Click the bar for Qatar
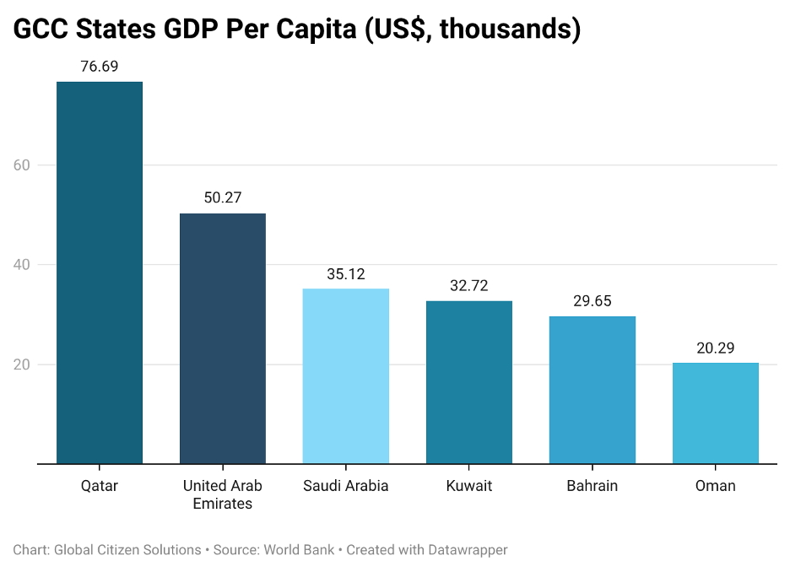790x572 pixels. (x=100, y=273)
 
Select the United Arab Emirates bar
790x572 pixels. (x=223, y=338)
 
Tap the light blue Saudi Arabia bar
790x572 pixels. (x=346, y=376)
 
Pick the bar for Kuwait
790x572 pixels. (x=469, y=382)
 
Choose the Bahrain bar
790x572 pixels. (x=592, y=390)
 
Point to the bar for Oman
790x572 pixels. (x=716, y=413)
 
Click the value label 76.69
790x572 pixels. (x=100, y=66)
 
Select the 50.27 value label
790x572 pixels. (x=223, y=197)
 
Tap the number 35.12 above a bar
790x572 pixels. (x=346, y=273)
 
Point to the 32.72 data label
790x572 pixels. (x=469, y=285)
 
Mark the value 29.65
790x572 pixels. (x=592, y=300)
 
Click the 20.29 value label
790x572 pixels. (x=716, y=347)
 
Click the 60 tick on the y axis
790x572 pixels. (x=22, y=165)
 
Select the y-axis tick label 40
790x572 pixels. (x=22, y=265)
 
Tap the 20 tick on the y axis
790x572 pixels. (x=22, y=364)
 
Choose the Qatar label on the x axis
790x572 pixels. (x=100, y=486)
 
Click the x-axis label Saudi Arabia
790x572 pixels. (x=346, y=486)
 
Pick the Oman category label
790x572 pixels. (x=716, y=486)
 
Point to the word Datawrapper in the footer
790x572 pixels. (x=466, y=550)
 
